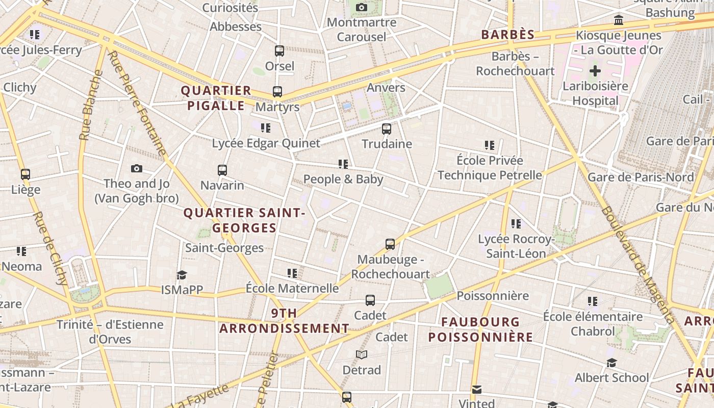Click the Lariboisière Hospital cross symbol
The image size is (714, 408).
[595, 71]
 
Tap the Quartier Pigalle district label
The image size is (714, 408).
[216, 98]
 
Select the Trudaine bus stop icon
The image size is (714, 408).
[387, 129]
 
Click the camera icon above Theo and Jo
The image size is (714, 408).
[137, 168]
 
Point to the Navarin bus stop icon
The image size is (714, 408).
[222, 170]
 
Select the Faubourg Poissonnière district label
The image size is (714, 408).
[480, 329]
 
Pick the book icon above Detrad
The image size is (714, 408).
[362, 354]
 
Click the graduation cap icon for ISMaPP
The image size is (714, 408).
[182, 275]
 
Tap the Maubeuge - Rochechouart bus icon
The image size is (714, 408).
[390, 244]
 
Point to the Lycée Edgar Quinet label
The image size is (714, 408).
[266, 143]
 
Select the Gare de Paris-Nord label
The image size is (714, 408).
[641, 177]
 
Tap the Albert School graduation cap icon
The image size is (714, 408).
[611, 363]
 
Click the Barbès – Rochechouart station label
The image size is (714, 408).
[515, 64]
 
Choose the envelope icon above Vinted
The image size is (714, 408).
[476, 390]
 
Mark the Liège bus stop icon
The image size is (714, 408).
[25, 174]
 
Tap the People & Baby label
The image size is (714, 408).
[343, 179]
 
